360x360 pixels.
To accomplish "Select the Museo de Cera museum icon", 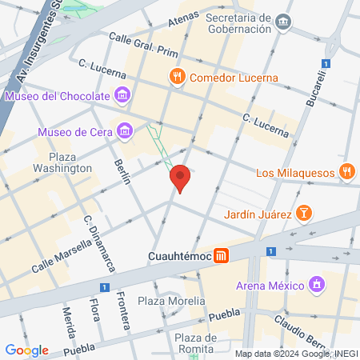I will click(124, 130).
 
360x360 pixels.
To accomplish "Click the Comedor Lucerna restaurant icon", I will click(177, 78).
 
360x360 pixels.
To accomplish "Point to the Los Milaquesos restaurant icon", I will click(346, 172).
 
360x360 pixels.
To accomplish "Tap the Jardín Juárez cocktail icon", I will click(304, 213).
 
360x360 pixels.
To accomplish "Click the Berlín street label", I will click(123, 170).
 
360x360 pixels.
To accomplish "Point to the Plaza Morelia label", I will click(170, 302).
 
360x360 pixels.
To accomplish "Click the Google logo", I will click(26, 350).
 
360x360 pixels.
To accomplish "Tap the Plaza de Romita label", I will click(196, 343).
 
